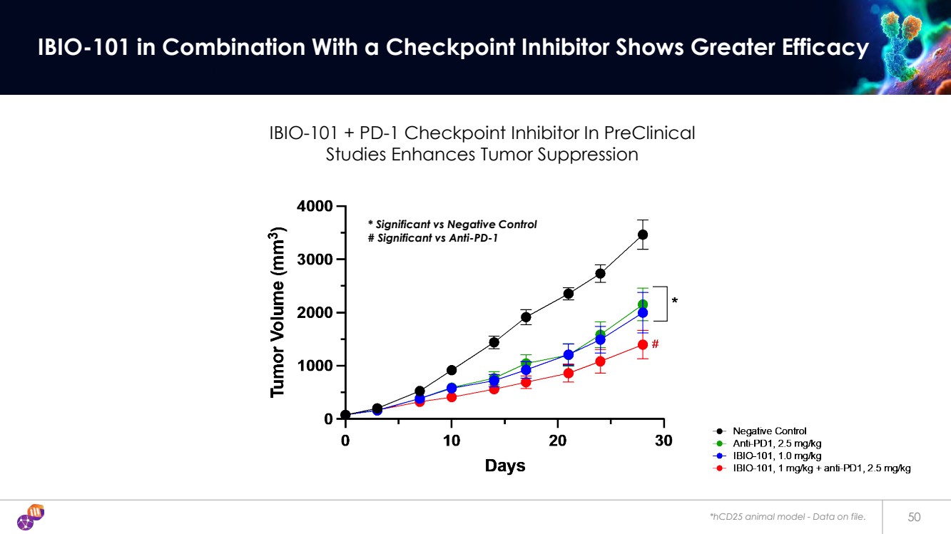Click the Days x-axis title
click(x=505, y=466)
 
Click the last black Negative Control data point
click(x=643, y=235)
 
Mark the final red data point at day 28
click(x=643, y=344)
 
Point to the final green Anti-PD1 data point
click(x=643, y=304)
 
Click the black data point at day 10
click(x=451, y=370)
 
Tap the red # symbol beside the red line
click(x=655, y=344)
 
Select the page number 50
click(x=914, y=516)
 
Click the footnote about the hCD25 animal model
click(x=787, y=516)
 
